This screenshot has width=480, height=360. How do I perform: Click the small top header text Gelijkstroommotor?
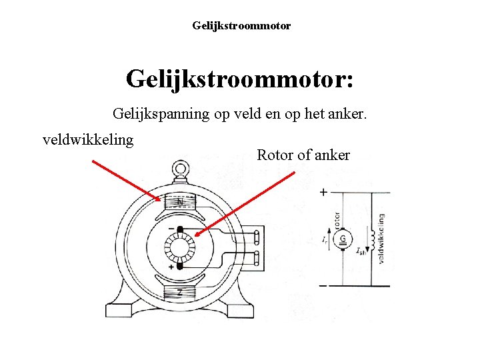click(x=241, y=26)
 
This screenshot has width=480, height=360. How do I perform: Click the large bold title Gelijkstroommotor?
click(x=239, y=79)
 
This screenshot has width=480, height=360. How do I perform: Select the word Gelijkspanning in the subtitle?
click(x=161, y=114)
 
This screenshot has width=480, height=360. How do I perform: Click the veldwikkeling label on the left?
click(x=88, y=140)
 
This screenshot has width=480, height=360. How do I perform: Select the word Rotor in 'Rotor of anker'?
click(x=275, y=155)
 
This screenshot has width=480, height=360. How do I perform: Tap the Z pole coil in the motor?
click(x=180, y=291)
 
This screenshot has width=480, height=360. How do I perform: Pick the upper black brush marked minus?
click(x=179, y=231)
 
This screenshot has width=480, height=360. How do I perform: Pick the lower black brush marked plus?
click(x=179, y=267)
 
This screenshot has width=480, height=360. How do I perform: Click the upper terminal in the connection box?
click(x=258, y=236)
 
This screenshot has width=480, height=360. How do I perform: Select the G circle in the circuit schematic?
click(x=343, y=239)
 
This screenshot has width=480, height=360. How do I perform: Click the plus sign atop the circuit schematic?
click(x=323, y=192)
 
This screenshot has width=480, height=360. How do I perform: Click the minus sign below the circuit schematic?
click(x=323, y=285)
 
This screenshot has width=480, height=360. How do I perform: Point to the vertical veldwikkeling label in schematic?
click(x=381, y=239)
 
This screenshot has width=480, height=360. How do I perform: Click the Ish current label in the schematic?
click(x=360, y=251)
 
